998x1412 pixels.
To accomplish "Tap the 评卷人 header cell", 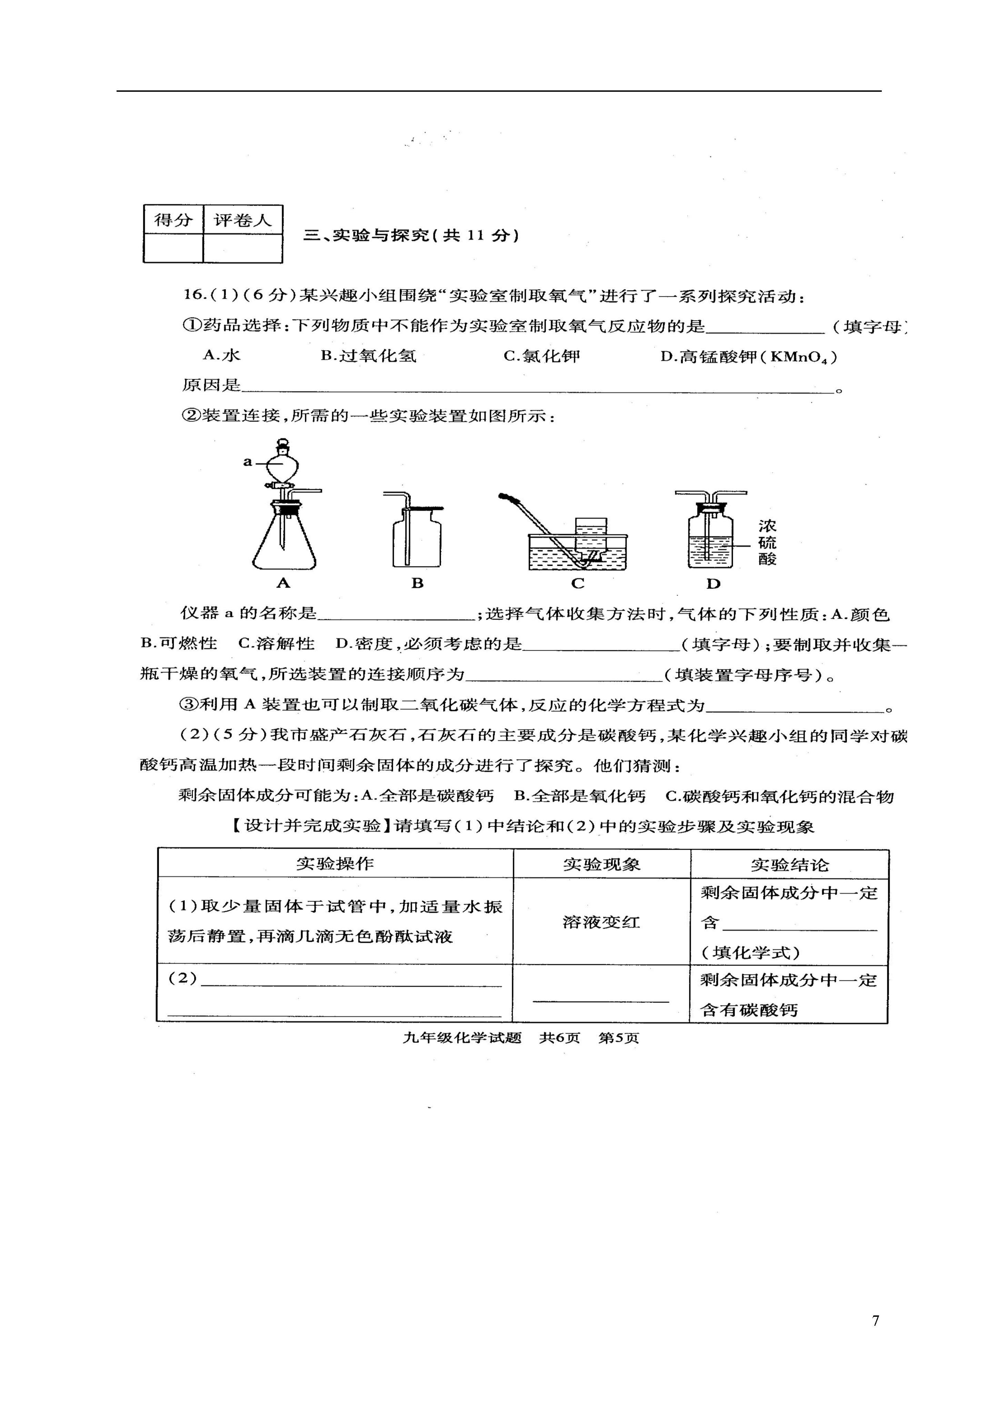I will click(x=242, y=219).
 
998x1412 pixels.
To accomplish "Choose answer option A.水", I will click(x=221, y=355).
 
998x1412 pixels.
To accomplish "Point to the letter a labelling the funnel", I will click(x=247, y=461).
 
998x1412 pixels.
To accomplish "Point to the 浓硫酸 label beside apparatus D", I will click(x=767, y=542).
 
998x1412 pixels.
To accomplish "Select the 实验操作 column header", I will click(x=335, y=863).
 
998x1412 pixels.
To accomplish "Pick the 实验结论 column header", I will click(x=789, y=865).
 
